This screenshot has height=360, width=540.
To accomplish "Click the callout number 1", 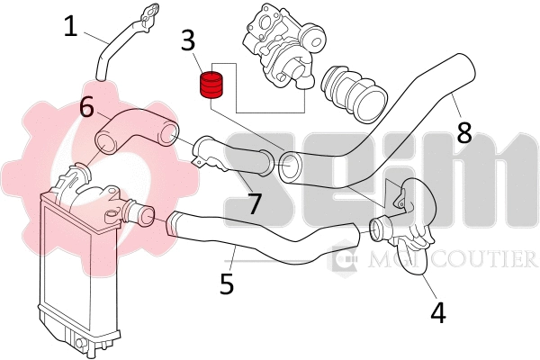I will click(70, 26).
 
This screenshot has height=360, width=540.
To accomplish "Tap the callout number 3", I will click(188, 41).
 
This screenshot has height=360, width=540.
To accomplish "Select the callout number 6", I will click(86, 108).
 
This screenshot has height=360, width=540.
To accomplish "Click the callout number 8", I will click(463, 132).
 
